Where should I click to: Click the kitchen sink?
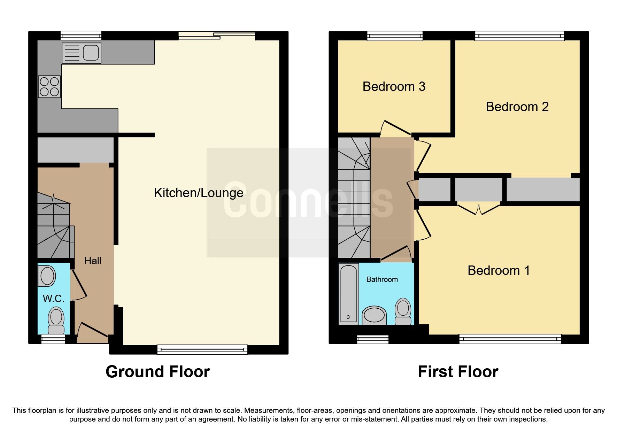[82, 53]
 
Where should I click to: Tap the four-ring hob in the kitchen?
[49, 87]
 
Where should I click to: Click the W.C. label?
[53, 299]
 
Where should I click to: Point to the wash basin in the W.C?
[47, 276]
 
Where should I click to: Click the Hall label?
[93, 261]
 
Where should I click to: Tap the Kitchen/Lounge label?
[199, 193]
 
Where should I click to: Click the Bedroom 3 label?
[394, 86]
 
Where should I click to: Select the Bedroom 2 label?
[517, 107]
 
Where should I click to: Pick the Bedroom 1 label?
[499, 270]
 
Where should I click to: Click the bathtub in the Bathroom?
[348, 294]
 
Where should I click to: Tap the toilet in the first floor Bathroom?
[403, 311]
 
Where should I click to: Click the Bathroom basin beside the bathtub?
[374, 315]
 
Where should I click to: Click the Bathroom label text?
[382, 279]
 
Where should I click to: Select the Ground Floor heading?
[157, 372]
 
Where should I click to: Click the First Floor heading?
[458, 372]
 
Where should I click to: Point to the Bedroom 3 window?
[395, 36]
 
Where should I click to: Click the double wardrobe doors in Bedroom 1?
[478, 209]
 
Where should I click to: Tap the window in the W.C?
[53, 339]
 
